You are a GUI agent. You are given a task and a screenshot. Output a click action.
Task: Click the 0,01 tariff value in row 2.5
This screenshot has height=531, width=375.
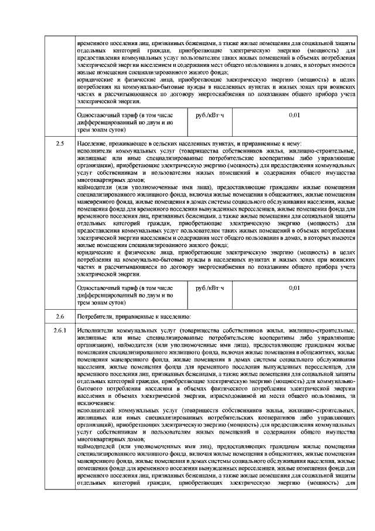click(x=295, y=288)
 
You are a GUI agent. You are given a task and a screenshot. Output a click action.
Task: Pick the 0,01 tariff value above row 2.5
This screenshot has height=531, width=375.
click(x=295, y=115)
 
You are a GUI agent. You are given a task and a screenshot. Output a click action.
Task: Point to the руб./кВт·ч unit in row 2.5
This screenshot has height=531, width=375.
click(x=210, y=288)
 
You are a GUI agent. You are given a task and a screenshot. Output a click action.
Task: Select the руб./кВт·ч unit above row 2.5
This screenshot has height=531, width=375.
click(x=210, y=115)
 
